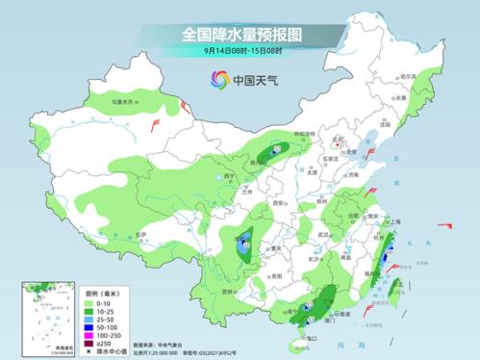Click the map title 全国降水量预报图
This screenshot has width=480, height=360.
tap(240, 34)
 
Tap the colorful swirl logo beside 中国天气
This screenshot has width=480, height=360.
tap(216, 81)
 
